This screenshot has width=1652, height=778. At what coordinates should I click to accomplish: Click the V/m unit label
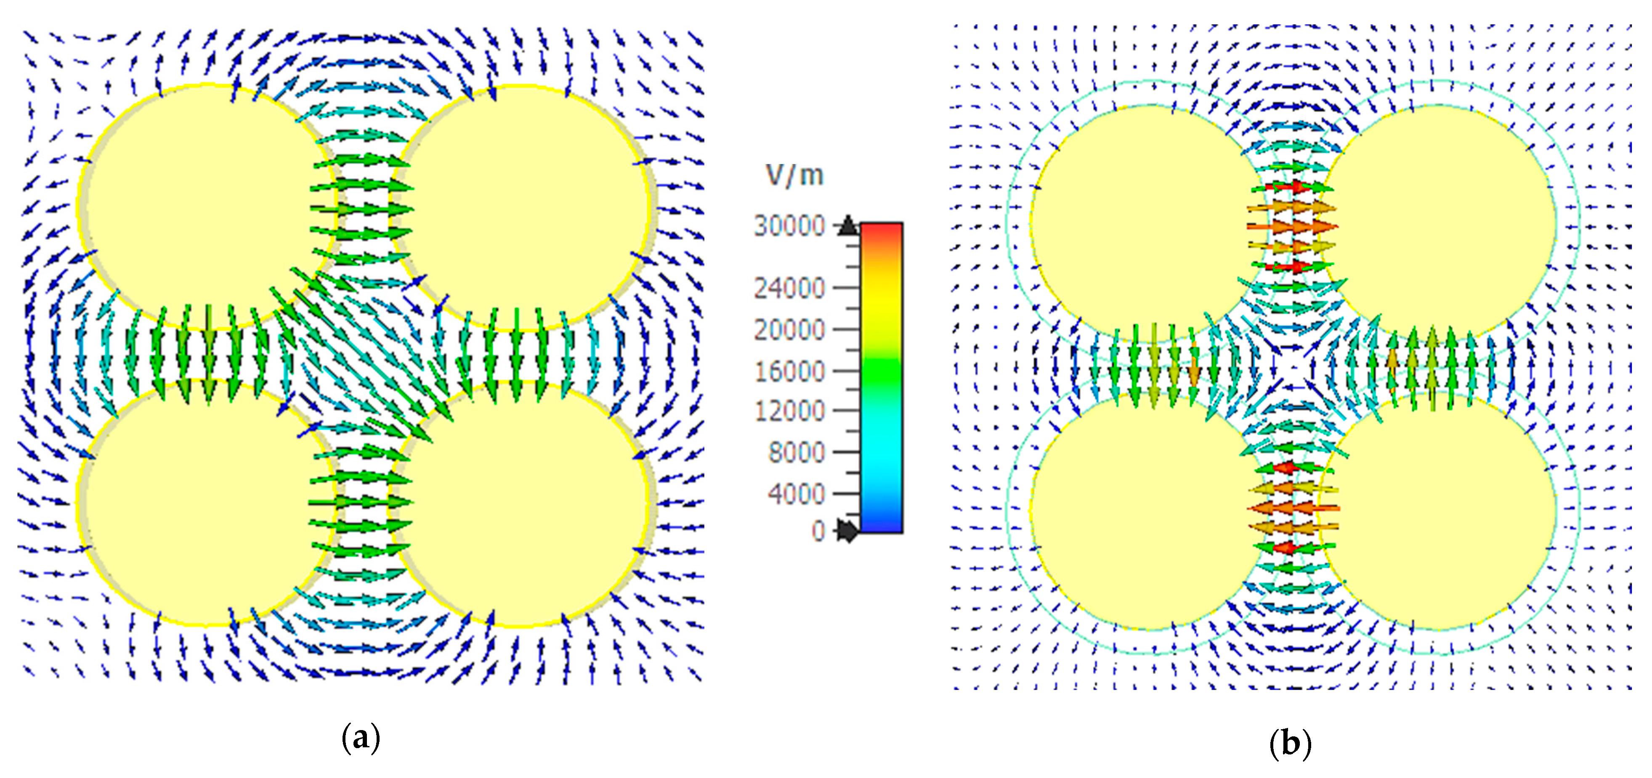click(x=794, y=175)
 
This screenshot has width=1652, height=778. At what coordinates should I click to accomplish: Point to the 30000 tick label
click(x=789, y=226)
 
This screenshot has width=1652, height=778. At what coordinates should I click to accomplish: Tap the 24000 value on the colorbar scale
click(x=789, y=288)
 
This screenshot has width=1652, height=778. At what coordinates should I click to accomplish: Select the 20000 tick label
click(x=789, y=330)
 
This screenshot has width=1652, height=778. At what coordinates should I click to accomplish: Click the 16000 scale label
click(x=789, y=371)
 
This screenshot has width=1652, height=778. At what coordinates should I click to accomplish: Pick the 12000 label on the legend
click(x=789, y=411)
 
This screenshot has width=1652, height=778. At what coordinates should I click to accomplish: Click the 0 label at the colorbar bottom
click(x=818, y=531)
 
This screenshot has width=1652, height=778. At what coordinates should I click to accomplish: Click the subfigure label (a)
click(x=361, y=738)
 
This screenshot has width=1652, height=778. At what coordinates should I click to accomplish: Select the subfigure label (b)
click(x=1290, y=744)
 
